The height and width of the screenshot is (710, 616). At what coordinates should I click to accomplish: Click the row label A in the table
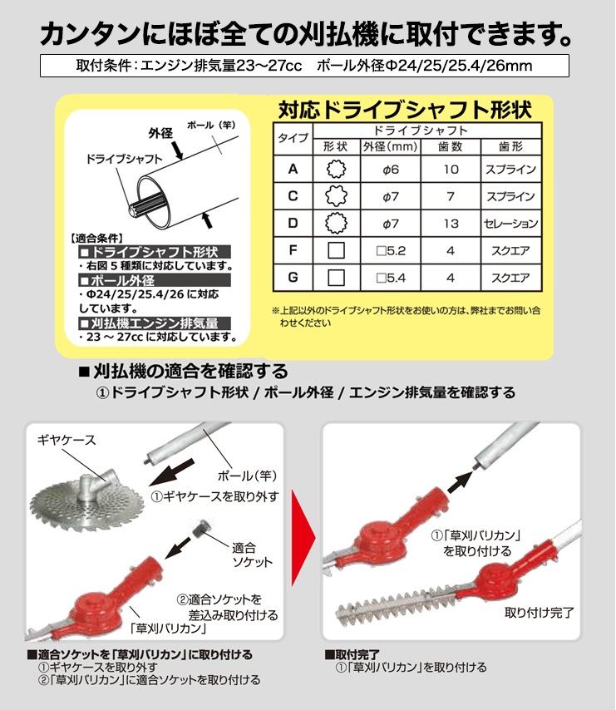click(292, 170)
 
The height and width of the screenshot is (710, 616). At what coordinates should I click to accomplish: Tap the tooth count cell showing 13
click(451, 224)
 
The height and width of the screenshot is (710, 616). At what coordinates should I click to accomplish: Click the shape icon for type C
click(335, 197)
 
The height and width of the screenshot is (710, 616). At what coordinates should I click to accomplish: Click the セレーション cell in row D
click(510, 224)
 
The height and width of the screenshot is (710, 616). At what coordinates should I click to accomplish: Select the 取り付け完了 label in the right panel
click(539, 614)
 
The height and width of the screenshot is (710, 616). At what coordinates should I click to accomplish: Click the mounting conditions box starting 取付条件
click(304, 66)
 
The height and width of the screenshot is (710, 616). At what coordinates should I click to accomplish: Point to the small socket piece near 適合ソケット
click(200, 530)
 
